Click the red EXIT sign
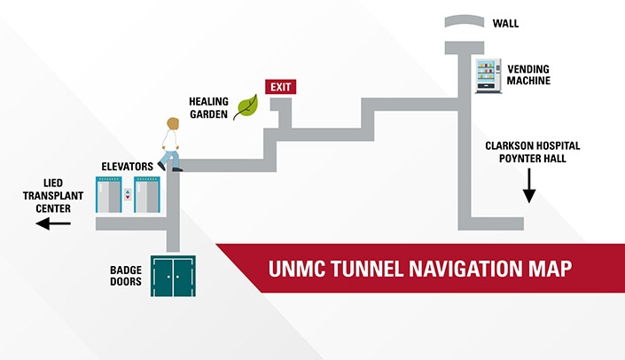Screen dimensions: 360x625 click(x=280, y=87)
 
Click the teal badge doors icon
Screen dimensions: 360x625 click(x=173, y=276)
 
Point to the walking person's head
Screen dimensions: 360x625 click(x=171, y=123)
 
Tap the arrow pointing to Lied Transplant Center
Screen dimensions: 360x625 click(x=53, y=224)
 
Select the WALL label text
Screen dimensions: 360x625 click(x=506, y=24)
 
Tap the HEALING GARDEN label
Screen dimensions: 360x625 click(x=208, y=106)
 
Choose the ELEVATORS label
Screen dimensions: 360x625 click(x=127, y=166)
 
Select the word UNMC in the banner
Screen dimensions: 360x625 click(x=294, y=267)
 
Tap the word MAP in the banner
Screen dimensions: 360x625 click(x=549, y=267)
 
